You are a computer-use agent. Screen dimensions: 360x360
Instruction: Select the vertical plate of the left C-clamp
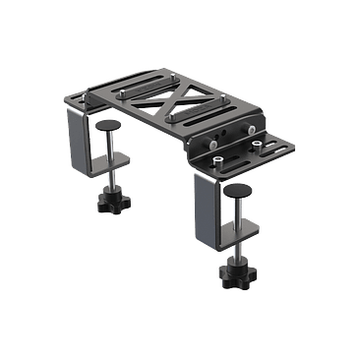tap(76, 148)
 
